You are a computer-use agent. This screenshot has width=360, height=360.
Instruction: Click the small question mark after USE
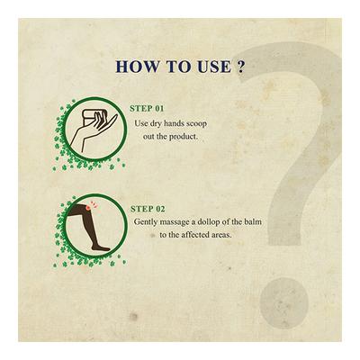(239, 67)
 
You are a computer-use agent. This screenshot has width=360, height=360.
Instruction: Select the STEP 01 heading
(147, 109)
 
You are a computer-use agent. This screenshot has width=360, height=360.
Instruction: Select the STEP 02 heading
(148, 209)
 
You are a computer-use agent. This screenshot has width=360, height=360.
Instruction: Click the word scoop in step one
(196, 124)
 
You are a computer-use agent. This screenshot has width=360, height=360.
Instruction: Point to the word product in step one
(183, 137)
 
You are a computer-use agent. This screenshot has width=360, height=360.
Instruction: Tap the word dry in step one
(151, 124)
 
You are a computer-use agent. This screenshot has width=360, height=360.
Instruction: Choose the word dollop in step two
(209, 222)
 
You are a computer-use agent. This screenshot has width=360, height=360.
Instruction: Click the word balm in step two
(253, 222)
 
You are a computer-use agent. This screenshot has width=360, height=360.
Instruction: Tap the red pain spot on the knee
(88, 207)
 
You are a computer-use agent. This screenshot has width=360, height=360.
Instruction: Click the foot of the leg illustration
(101, 247)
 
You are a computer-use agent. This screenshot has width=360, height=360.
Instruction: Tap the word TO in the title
(176, 67)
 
